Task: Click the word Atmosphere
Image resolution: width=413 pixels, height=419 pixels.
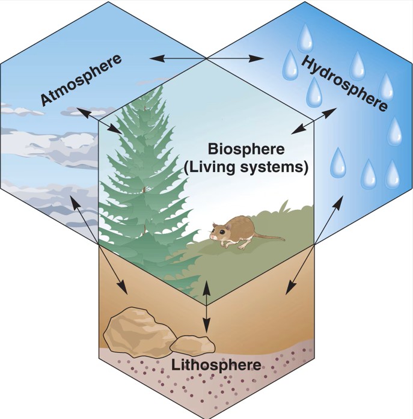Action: tap(82, 80)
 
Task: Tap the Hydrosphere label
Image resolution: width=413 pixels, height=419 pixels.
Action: tap(344, 82)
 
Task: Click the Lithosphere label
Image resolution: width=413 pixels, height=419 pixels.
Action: tap(216, 365)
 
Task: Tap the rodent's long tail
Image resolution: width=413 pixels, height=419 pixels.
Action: tap(271, 238)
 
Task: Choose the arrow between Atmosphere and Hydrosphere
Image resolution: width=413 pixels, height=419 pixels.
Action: tap(207, 58)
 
